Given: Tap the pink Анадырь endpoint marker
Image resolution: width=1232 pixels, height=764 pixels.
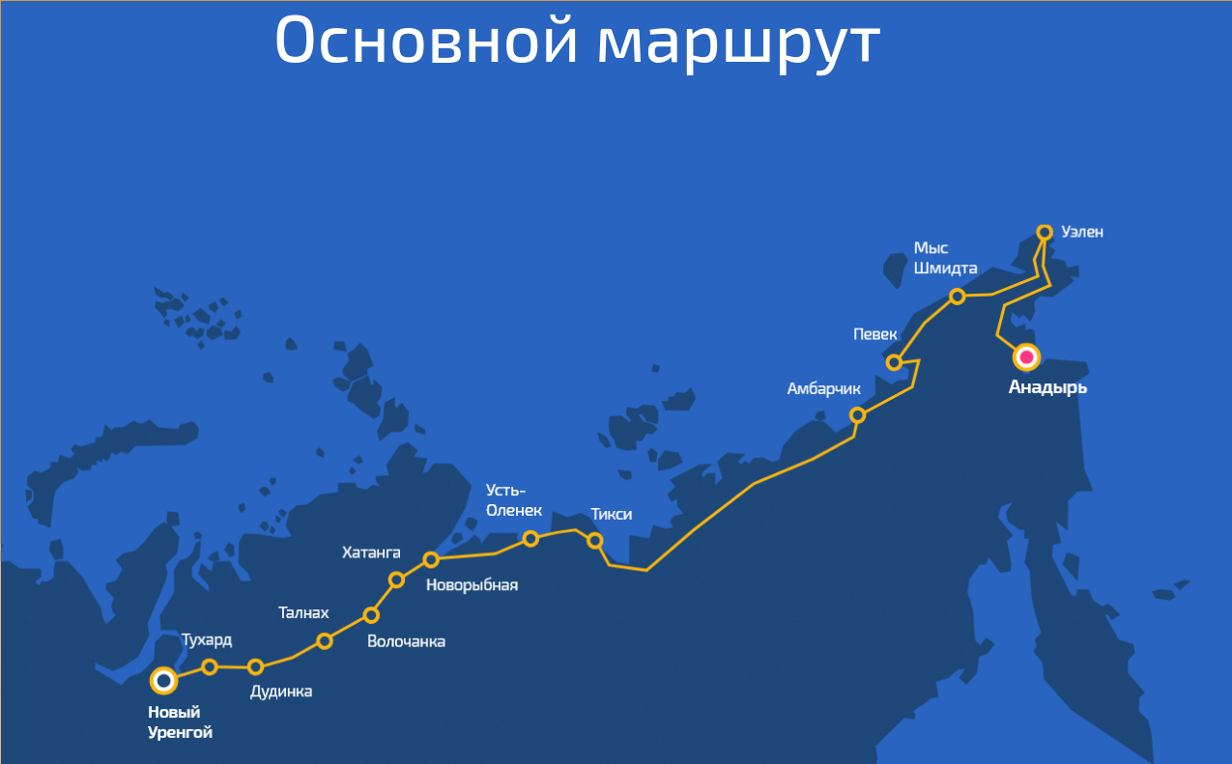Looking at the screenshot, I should [1025, 358].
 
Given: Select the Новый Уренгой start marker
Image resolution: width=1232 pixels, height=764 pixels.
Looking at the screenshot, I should [164, 681].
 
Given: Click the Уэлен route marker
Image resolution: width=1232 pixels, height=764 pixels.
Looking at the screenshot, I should [1045, 232].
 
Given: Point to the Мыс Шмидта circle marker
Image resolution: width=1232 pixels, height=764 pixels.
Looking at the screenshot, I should [958, 296].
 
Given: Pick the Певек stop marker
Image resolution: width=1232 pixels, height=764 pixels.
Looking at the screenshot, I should [895, 363].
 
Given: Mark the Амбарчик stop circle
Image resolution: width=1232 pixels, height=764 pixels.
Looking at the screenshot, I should [857, 415].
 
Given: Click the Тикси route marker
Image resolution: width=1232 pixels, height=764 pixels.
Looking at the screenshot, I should [595, 541].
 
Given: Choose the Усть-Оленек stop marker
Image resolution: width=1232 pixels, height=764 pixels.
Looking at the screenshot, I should [530, 539].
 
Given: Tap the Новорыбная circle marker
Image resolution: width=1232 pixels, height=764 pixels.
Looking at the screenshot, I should [431, 559].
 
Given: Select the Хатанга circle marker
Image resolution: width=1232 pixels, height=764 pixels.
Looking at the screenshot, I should [396, 580].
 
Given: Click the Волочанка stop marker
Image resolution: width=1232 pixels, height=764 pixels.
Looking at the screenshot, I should [371, 615].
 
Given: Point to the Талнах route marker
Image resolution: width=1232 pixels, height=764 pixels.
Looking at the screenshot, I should [325, 640].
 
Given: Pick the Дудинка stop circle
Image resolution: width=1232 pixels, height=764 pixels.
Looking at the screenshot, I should [256, 666].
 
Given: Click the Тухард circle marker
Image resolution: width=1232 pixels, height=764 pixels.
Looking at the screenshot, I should [210, 666].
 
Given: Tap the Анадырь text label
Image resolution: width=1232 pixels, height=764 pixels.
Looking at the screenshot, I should [1047, 388].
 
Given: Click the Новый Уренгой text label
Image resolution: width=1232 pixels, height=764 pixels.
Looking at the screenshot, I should [180, 722].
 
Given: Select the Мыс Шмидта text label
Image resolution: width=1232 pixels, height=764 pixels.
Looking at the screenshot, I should [945, 258].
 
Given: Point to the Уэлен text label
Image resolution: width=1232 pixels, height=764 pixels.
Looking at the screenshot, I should [1081, 232].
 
